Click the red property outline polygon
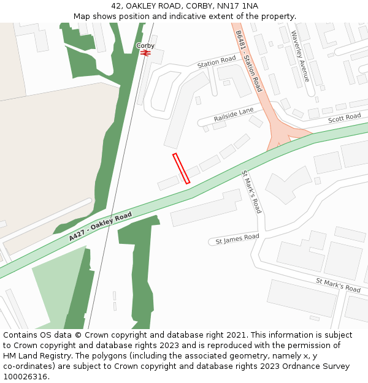tap(181, 169)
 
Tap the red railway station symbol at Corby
tap(145, 53)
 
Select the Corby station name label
tap(145, 45)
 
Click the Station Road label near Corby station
tap(217, 62)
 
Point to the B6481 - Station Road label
tap(248, 61)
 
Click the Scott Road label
tap(344, 118)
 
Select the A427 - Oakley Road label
tap(101, 226)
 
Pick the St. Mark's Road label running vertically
tap(251, 192)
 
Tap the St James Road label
tap(237, 239)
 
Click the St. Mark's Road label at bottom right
tap(338, 285)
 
